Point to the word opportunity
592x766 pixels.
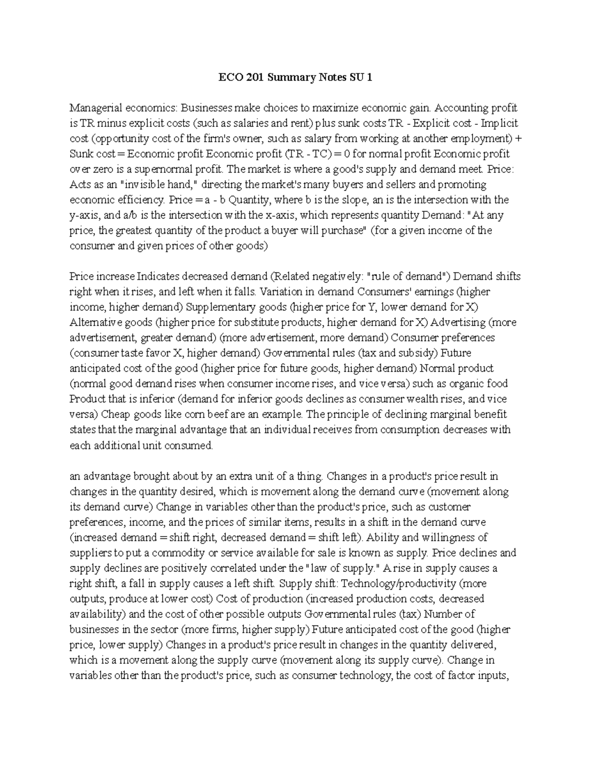[122, 139]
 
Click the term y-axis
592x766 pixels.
[84, 215]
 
